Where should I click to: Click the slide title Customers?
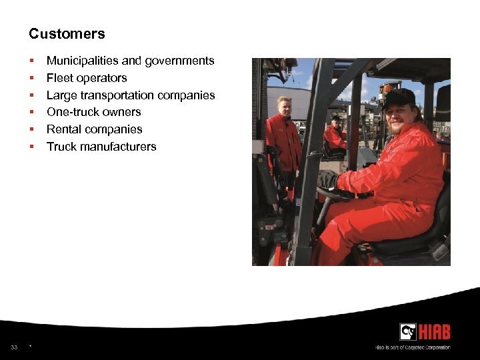coord(67,33)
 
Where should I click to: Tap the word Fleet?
coord(59,78)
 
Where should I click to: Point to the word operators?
coord(101,78)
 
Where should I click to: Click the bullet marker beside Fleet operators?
coord(31,79)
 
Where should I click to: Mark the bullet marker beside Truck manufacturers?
coord(31,147)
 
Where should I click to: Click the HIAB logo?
coord(425,332)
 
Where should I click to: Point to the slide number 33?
coord(14,347)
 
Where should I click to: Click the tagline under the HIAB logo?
coord(413,347)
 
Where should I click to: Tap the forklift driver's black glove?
coord(328,179)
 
